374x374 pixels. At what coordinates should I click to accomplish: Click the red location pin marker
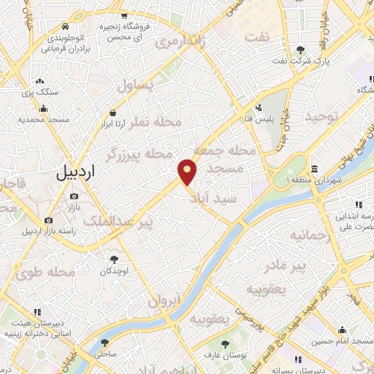[188, 172]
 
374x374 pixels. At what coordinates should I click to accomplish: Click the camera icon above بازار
[75, 196]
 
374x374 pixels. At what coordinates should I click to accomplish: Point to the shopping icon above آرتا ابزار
[113, 112]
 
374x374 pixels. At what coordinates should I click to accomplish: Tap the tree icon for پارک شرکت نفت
[301, 50]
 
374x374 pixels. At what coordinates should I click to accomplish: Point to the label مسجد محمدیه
[43, 119]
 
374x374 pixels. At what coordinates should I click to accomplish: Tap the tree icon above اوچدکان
[112, 259]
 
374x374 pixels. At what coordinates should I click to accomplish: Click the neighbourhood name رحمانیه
[310, 236]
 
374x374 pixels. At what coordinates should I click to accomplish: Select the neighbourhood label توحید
[322, 117]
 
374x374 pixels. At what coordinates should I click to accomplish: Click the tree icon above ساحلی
[104, 342]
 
